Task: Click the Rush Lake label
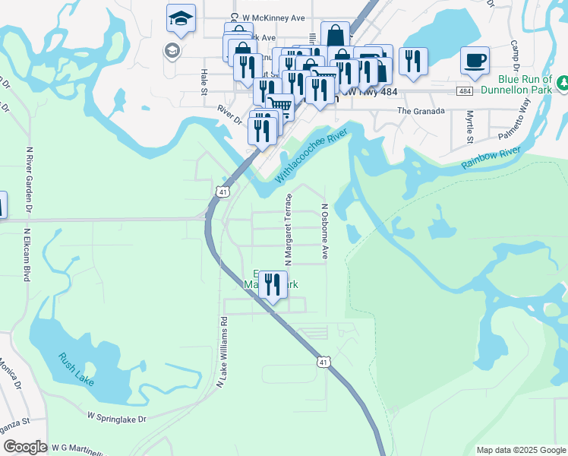(x=76, y=369)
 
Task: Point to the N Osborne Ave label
(x=324, y=232)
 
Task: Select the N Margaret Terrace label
(x=289, y=229)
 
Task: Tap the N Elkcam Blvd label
(x=27, y=255)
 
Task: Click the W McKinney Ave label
(x=278, y=17)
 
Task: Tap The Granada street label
(x=420, y=110)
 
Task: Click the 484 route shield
(x=465, y=91)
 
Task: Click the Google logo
(x=25, y=448)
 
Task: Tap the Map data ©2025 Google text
(x=520, y=450)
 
